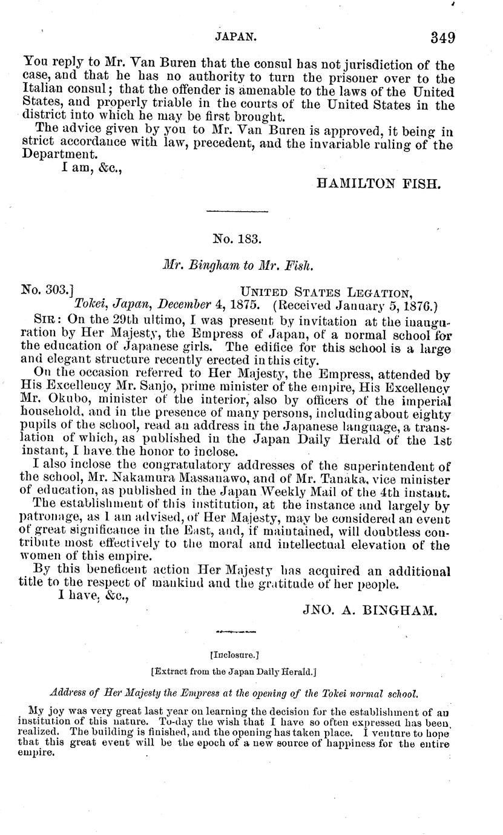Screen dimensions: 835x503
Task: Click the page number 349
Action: [x=442, y=38]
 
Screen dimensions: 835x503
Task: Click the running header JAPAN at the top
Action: [x=237, y=37]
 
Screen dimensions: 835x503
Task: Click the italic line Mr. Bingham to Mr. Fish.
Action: [x=237, y=264]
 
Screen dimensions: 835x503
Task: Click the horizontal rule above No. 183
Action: [x=237, y=211]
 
